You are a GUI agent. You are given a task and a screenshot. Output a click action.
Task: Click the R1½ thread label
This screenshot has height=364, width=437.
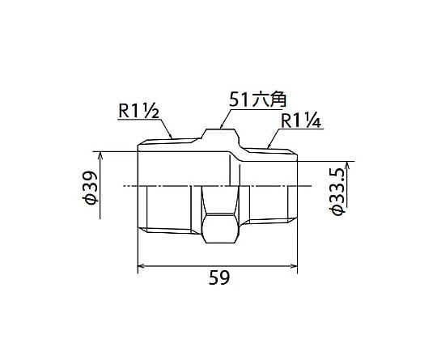coord(138,111)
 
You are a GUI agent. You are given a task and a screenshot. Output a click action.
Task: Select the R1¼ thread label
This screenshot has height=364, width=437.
coord(301,121)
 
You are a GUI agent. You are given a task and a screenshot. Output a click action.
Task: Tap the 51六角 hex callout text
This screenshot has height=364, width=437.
coord(257,100)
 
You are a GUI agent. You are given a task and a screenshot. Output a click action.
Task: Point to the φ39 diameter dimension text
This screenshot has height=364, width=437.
coord(90,188)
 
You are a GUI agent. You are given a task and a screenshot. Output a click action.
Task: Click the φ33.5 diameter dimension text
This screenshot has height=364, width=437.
coord(337,192)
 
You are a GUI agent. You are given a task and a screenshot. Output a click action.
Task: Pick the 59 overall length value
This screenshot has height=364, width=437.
coord(219,277)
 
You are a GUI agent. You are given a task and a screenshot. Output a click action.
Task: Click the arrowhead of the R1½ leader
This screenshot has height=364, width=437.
coord(171,137)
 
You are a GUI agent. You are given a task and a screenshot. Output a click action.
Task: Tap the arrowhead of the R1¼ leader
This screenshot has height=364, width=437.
coord(268,146)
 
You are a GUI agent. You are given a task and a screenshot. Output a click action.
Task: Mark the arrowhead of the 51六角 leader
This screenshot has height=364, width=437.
coord(221,127)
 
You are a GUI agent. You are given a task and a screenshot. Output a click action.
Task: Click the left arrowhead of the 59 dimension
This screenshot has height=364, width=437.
coord(140,266)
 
